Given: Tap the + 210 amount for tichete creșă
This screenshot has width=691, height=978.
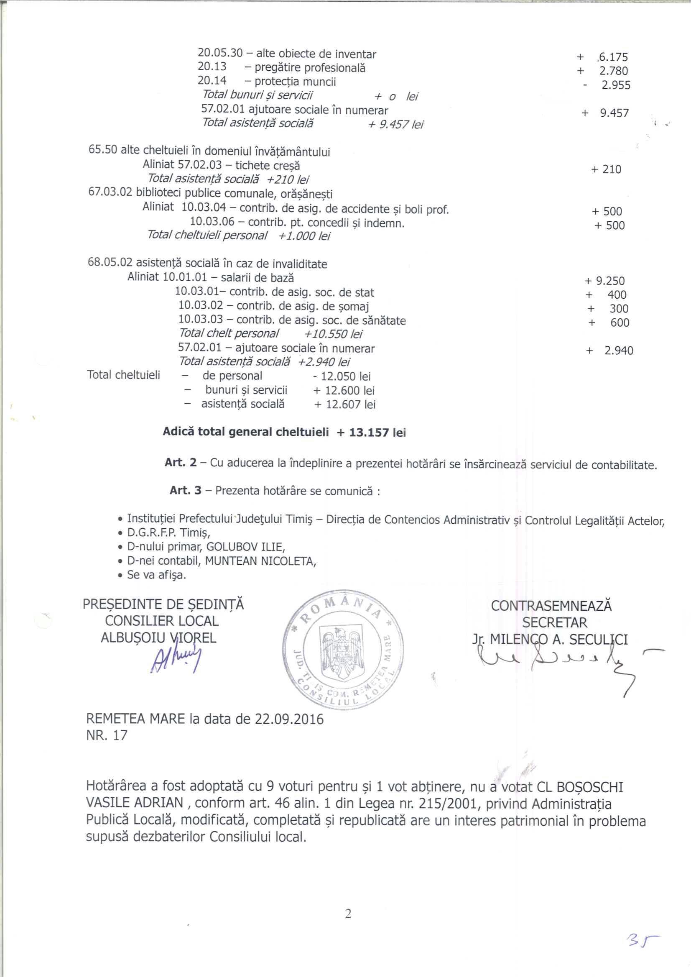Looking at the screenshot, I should coord(606,170).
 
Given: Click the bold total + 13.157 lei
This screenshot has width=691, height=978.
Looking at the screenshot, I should coord(371,433).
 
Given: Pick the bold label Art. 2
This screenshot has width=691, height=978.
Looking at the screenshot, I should coord(181,463).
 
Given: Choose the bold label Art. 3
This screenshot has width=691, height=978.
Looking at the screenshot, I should coord(185,490).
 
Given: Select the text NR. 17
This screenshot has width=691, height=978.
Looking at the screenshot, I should coord(107,735).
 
